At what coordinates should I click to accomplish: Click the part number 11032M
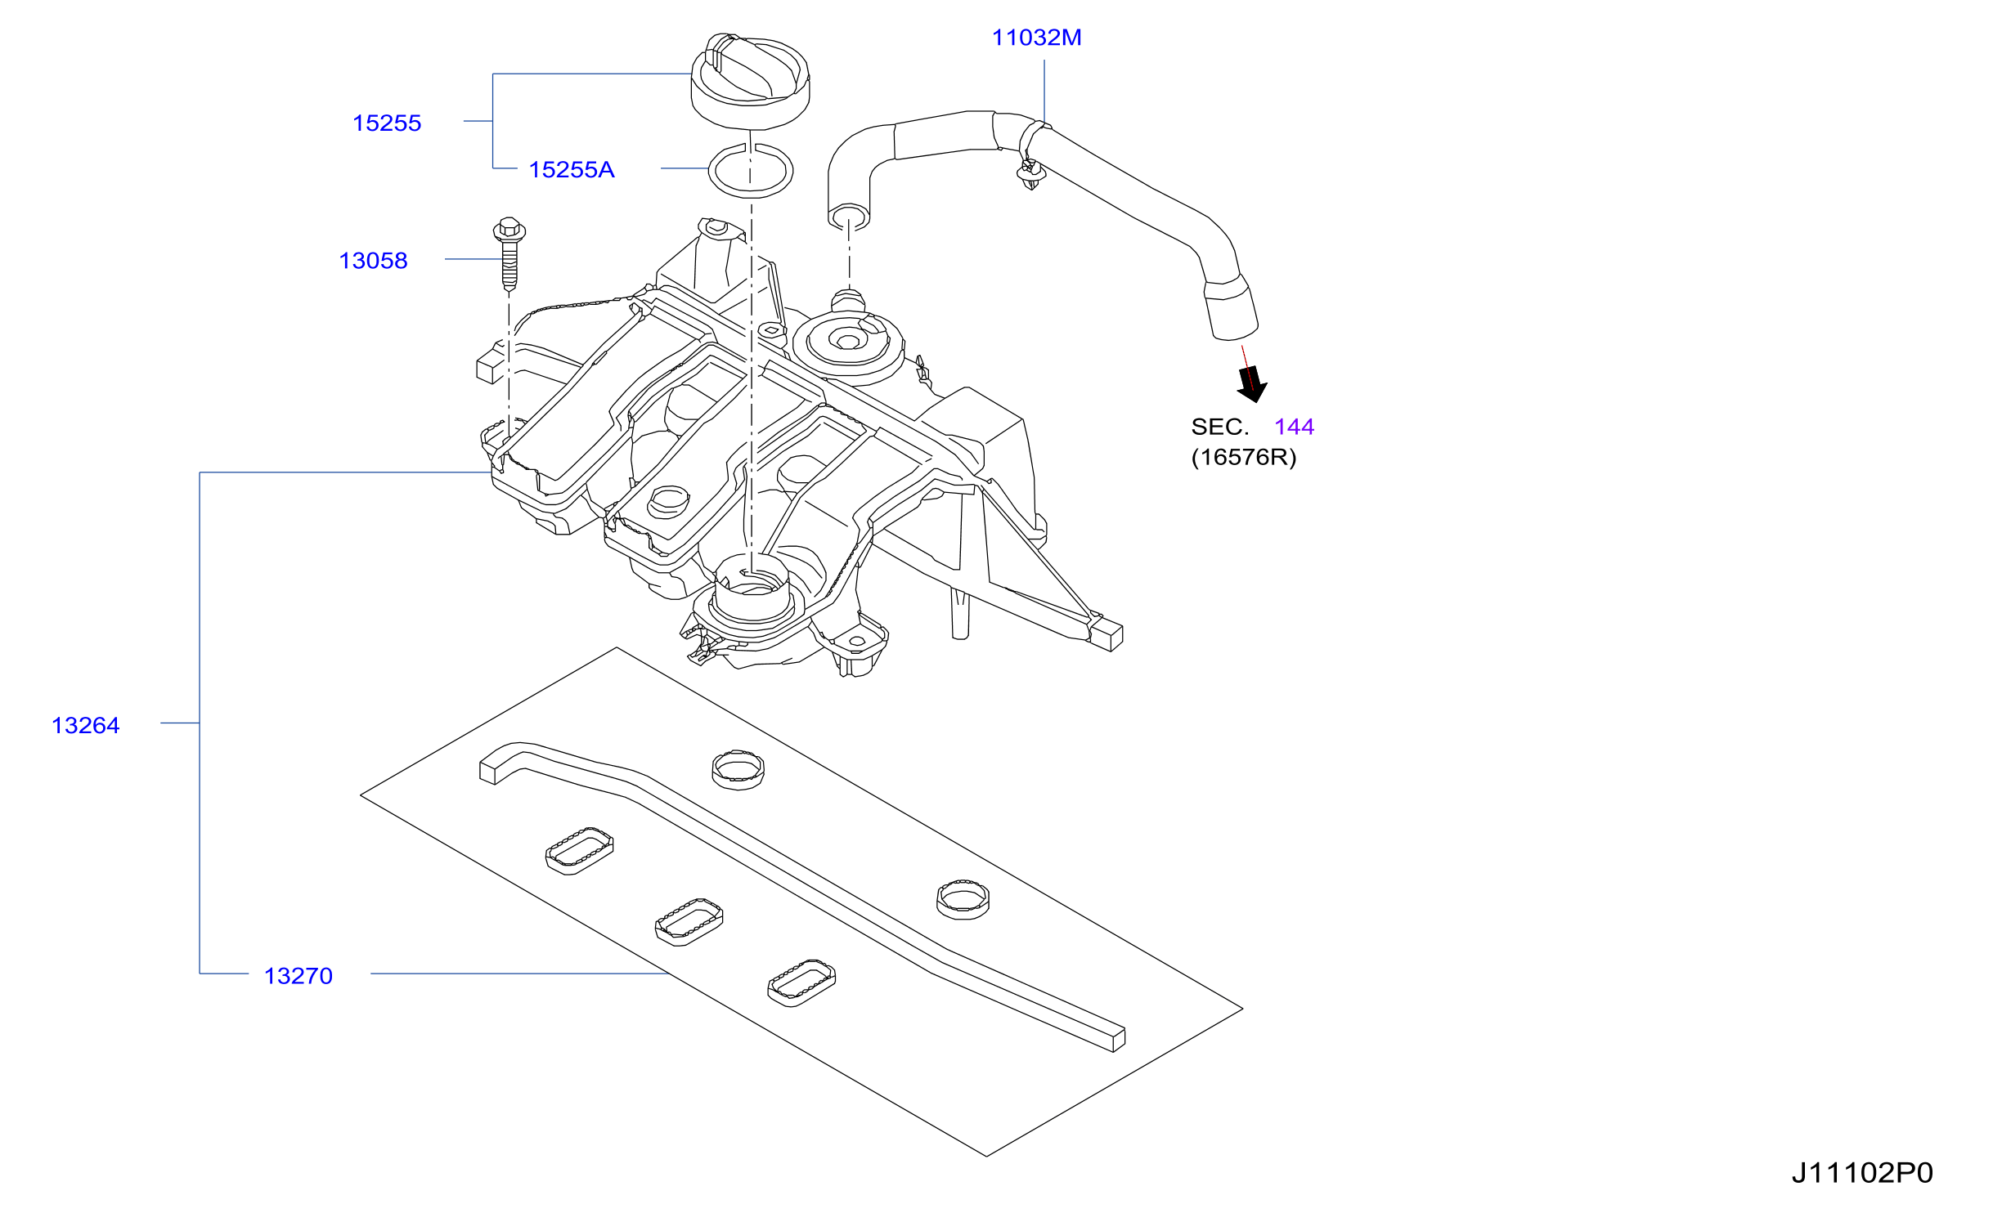coord(1036,38)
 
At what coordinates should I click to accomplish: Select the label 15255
coord(387,123)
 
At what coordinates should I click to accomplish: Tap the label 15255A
coord(572,170)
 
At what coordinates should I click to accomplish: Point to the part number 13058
coord(373,261)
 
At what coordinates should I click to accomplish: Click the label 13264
coord(86,726)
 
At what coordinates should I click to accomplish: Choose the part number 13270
coord(299,976)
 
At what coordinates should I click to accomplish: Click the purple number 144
coord(1294,427)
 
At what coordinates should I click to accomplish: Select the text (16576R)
coord(1244,457)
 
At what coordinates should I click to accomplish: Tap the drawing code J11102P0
coord(1862,1173)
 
